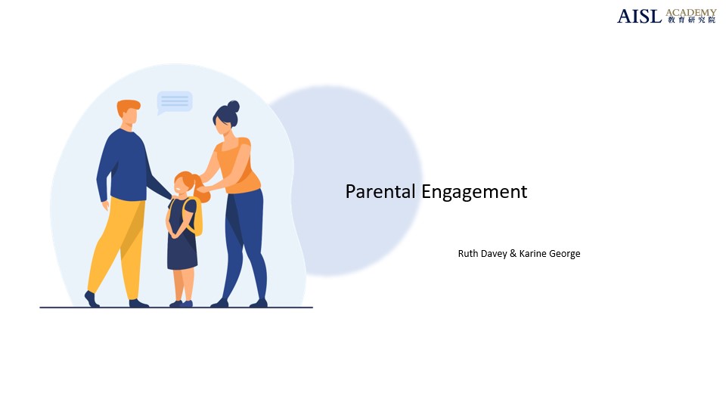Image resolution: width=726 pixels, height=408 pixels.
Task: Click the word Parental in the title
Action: coord(380,192)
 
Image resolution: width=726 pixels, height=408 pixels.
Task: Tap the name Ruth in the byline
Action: coord(468,254)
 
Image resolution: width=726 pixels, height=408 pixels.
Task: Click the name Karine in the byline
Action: coord(534,254)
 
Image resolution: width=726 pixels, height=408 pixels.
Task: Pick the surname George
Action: coord(565,254)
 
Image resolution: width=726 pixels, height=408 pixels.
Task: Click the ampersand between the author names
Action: coord(513,254)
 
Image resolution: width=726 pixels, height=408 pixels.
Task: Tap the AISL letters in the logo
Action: coord(639,16)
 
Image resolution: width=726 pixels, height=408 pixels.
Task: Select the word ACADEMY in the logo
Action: coord(691,12)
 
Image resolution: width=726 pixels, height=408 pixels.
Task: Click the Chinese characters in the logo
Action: coord(691,20)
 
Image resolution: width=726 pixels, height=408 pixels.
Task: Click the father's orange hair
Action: coord(128,107)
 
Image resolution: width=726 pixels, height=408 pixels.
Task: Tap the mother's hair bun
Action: coord(233,107)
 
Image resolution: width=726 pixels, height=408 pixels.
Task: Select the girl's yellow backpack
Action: coord(197,217)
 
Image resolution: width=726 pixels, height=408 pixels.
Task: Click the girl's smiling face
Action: coord(184,187)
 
